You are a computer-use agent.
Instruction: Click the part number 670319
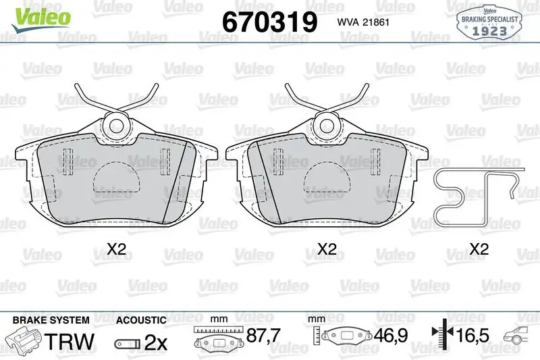pyautogui.click(x=269, y=22)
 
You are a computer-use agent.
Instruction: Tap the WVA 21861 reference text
pyautogui.click(x=363, y=22)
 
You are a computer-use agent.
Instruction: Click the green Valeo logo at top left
pyautogui.click(x=40, y=19)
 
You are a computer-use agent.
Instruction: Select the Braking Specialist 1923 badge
pyautogui.click(x=489, y=22)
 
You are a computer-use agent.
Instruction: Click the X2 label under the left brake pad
pyautogui.click(x=116, y=249)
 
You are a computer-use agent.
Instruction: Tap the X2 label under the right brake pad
pyautogui.click(x=327, y=249)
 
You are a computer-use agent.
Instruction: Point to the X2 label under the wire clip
pyautogui.click(x=479, y=249)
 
